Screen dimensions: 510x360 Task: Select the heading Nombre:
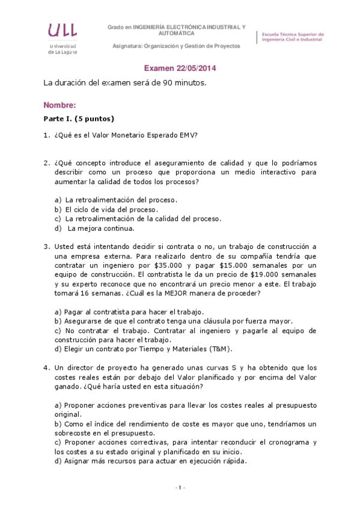[59, 105]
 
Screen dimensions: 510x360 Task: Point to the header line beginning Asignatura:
[176, 46]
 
